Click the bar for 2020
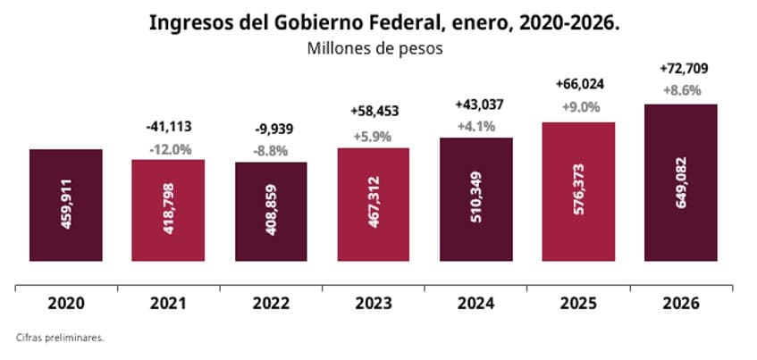(65, 206)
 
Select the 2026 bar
(682, 183)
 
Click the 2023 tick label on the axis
(374, 304)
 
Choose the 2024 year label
(476, 304)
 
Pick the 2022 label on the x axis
(270, 304)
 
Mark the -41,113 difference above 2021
(168, 128)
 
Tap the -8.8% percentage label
(271, 151)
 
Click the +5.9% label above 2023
(374, 138)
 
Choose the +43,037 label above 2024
(477, 105)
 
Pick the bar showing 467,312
(374, 205)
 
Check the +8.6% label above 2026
(681, 90)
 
